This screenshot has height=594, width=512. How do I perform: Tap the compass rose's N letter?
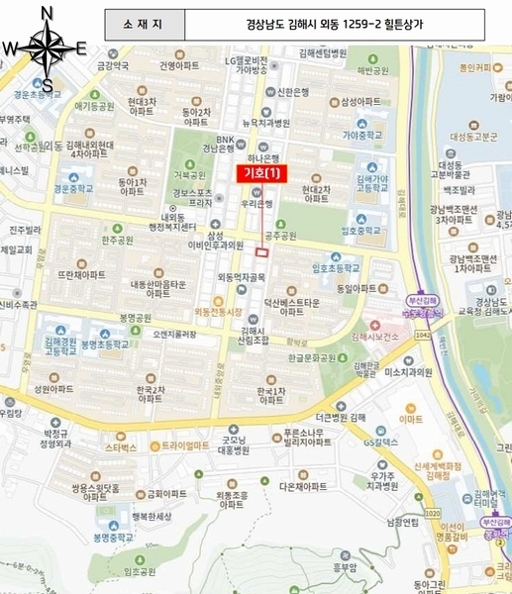click(47, 12)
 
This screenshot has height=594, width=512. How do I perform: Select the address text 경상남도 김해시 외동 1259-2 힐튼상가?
click(358, 21)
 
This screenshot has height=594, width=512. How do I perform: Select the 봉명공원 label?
click(134, 319)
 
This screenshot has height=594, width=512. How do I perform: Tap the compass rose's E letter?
click(81, 47)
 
